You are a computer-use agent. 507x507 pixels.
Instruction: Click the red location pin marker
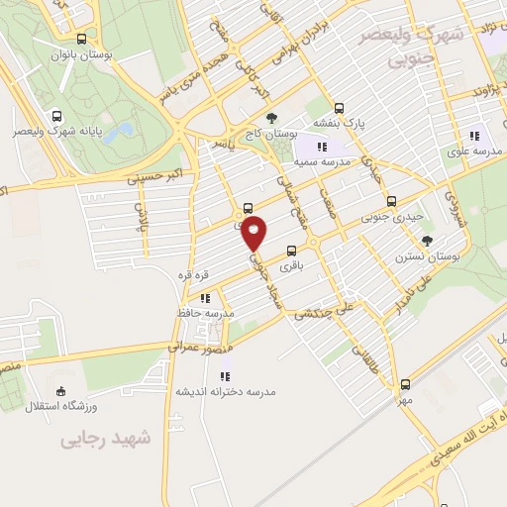click(254, 232)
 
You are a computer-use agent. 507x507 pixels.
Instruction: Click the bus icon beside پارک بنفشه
click(340, 109)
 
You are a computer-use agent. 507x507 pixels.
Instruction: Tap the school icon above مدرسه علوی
click(474, 136)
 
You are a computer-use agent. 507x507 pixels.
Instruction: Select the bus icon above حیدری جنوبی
click(391, 200)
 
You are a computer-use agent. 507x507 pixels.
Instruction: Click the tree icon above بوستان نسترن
click(427, 240)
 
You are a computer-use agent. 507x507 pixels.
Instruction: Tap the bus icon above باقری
click(290, 251)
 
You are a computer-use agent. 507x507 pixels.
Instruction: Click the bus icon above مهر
click(404, 385)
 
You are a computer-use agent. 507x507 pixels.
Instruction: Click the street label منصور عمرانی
click(206, 347)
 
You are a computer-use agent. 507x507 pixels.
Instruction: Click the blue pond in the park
click(120, 132)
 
